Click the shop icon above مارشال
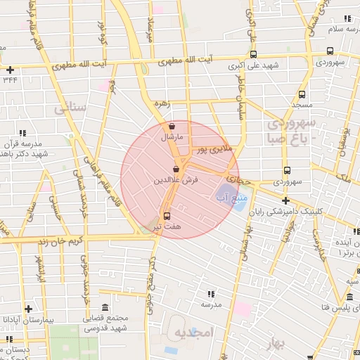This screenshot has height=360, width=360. point(172,127)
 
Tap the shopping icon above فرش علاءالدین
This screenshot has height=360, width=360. point(176,169)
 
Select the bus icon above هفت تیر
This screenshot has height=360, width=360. point(167,216)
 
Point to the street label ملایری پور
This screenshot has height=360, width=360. point(212,148)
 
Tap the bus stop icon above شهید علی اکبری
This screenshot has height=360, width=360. point(252,53)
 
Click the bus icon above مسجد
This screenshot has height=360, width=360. point(302,94)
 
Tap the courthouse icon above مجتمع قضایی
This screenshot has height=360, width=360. point(105,309)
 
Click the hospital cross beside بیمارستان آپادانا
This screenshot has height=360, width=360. point(28,309)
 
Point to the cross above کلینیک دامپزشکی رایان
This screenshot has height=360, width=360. point(285,200)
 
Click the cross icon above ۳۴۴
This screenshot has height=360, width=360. point(10,70)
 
